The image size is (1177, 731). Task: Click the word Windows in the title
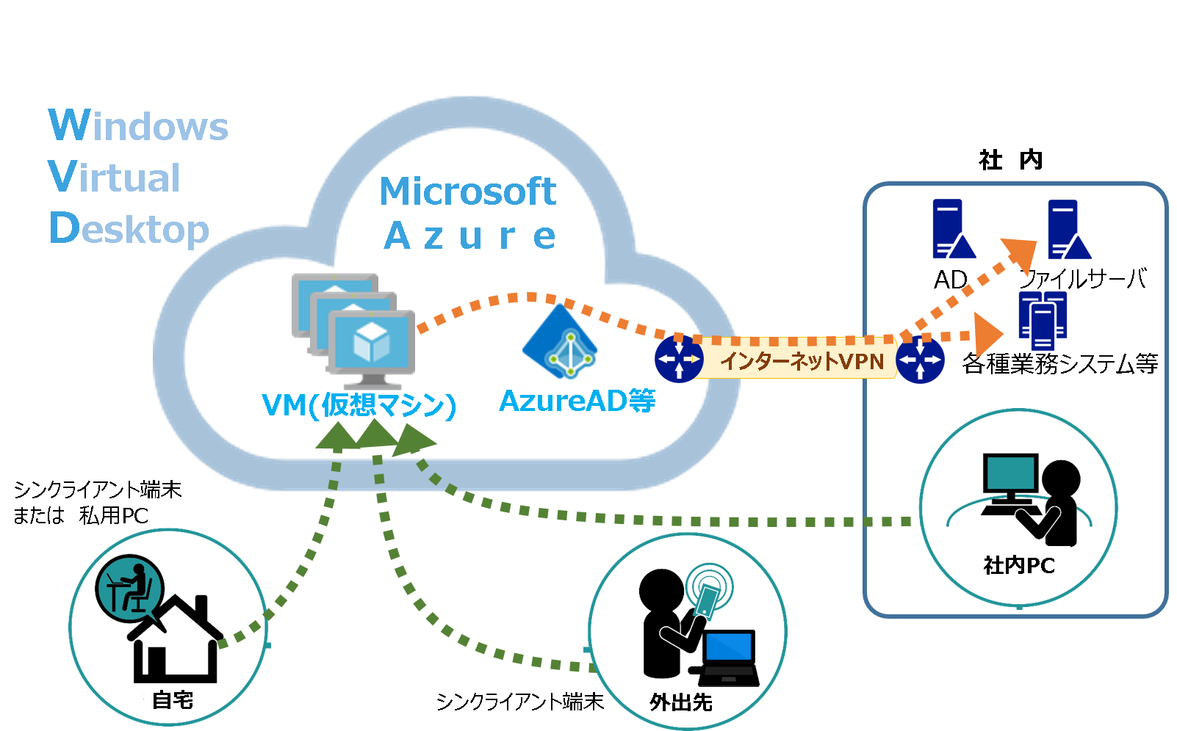(138, 126)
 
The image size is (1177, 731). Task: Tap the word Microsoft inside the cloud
(468, 192)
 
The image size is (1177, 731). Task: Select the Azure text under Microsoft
(469, 236)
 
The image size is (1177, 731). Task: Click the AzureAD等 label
(577, 401)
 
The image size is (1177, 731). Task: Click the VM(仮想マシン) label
(359, 404)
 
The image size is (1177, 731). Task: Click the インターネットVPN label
(801, 360)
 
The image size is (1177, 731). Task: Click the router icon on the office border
(920, 360)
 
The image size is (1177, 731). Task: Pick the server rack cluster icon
(1043, 320)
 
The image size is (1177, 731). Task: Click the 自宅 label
(173, 699)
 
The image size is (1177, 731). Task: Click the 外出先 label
(680, 702)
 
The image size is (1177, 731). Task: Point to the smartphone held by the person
(708, 600)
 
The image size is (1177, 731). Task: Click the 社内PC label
(1018, 565)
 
